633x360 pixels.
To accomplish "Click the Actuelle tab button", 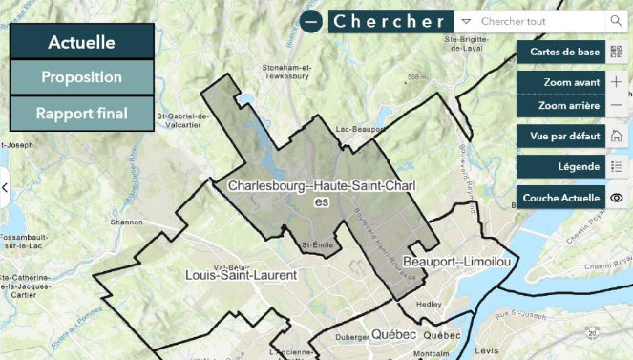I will pos(81,42).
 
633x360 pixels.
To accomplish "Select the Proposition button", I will pos(81,77).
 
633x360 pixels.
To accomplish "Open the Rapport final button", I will pos(81,114).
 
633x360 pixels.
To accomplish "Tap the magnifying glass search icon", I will pos(614,20).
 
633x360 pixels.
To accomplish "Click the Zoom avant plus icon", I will pos(616,82).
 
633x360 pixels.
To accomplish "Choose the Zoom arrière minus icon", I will pos(616,106).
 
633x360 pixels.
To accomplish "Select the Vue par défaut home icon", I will pos(616,136).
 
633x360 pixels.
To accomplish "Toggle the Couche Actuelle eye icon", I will pos(616,198).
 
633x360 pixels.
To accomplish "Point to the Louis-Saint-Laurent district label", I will pos(241,275).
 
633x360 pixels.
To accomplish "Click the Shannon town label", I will pos(126,222).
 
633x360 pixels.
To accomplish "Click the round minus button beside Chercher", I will pos(311,21).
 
